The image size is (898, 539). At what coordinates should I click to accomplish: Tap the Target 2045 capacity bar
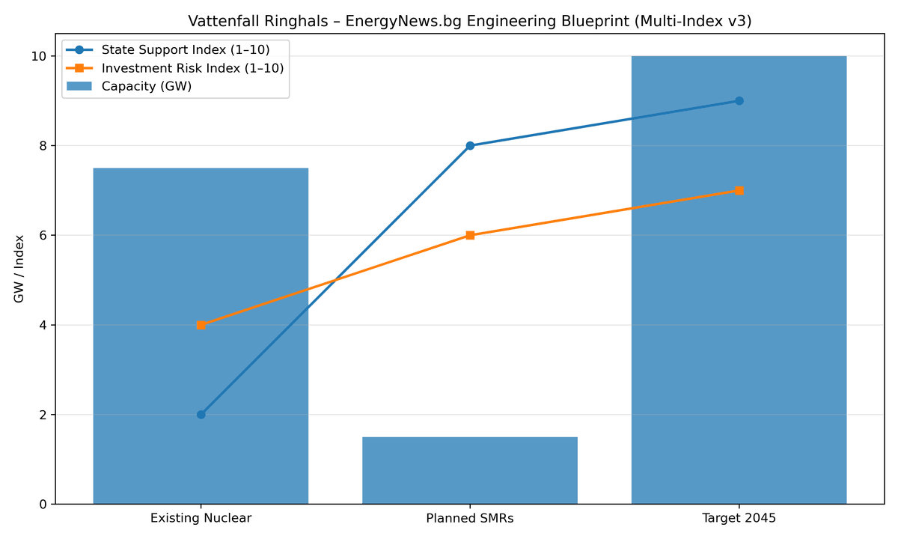click(739, 299)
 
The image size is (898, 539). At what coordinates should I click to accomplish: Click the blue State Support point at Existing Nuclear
click(201, 415)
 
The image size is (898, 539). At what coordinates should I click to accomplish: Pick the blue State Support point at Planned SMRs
click(470, 146)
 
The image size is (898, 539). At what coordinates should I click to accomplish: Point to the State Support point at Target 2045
click(739, 101)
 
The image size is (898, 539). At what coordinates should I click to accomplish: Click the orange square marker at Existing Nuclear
click(201, 325)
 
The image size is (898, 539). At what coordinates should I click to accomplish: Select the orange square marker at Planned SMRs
click(470, 235)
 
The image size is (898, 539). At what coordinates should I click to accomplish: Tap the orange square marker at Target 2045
click(739, 191)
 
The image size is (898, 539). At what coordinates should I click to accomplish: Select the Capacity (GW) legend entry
click(147, 86)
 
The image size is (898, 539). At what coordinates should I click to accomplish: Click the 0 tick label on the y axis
click(43, 505)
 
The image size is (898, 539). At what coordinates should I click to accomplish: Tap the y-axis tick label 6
click(43, 235)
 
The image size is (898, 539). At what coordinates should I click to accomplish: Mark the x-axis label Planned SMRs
click(470, 518)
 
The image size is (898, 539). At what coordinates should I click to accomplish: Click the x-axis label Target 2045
click(739, 518)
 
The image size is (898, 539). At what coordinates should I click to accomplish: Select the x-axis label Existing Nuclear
click(201, 518)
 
